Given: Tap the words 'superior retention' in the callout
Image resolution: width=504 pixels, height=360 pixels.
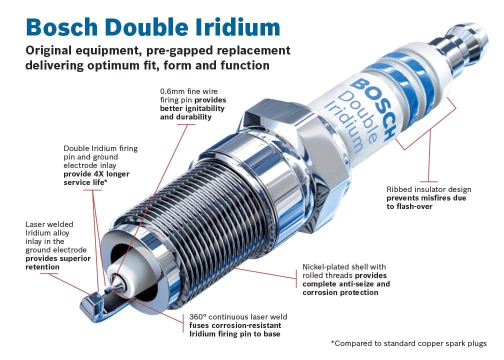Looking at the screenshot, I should click(x=57, y=262).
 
